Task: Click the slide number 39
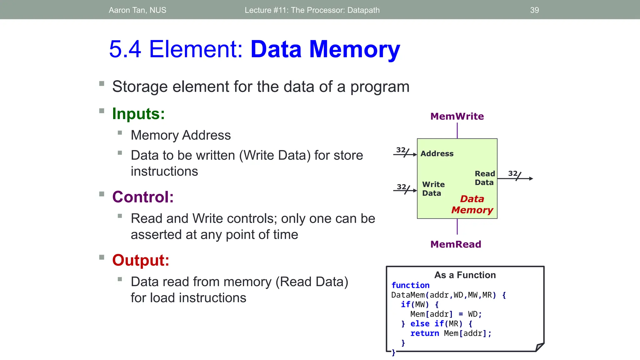(x=534, y=10)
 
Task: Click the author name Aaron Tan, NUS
(x=137, y=10)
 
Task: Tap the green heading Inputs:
(x=138, y=113)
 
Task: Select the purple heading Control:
(x=143, y=197)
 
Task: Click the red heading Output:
(x=141, y=260)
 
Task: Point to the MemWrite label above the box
(x=457, y=116)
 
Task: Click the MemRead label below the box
(x=456, y=244)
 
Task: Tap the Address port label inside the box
(x=437, y=153)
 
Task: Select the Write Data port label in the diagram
(x=433, y=189)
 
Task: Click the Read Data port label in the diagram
(x=485, y=178)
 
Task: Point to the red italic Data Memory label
(x=472, y=204)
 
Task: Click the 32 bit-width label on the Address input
(x=401, y=150)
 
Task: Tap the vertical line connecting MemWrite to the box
(x=457, y=130)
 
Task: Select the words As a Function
(x=465, y=275)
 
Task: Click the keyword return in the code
(x=424, y=333)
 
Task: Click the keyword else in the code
(x=420, y=324)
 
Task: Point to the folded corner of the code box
(x=539, y=347)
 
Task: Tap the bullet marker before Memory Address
(x=120, y=133)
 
